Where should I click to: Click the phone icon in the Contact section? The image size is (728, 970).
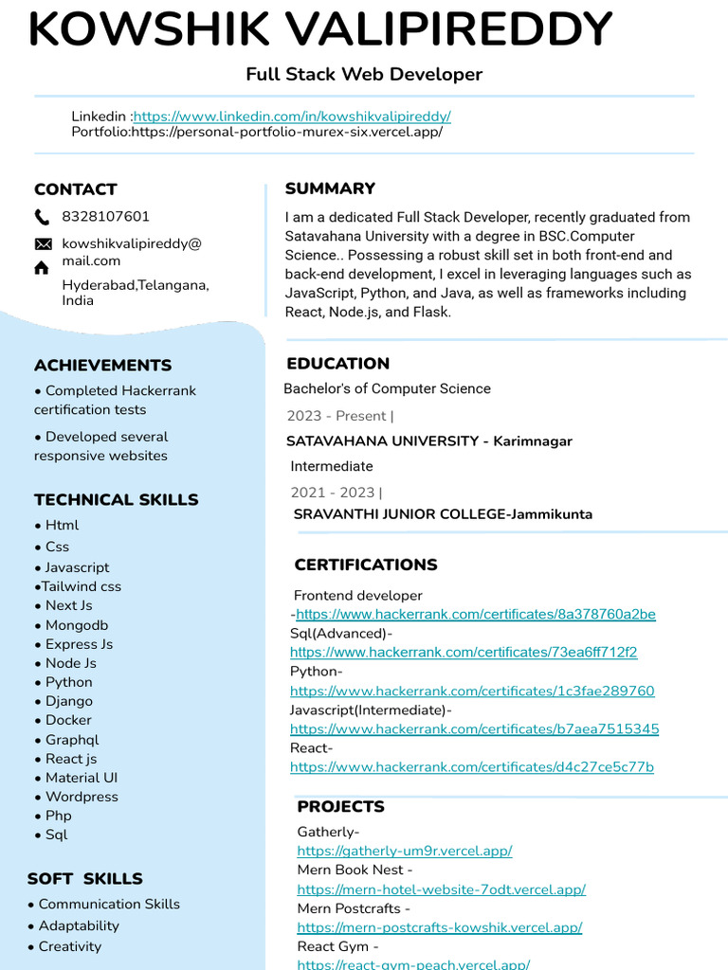[43, 217]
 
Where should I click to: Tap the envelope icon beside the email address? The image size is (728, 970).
[43, 244]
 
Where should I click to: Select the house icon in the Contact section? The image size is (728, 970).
[42, 268]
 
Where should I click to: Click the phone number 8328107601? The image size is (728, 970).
[105, 217]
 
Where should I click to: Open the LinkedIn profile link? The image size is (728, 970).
[292, 117]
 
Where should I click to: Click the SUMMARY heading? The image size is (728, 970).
[330, 189]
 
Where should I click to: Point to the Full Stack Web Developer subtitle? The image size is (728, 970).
[364, 74]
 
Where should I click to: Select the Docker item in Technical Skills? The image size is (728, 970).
[68, 720]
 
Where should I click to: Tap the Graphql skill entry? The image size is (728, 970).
[71, 740]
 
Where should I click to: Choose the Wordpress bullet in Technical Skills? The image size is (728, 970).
[82, 797]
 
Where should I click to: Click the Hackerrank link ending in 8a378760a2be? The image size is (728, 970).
[476, 615]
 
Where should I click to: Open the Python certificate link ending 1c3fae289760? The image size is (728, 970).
[472, 692]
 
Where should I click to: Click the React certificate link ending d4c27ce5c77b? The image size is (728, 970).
[471, 767]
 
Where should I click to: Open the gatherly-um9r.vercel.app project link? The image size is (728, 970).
[405, 852]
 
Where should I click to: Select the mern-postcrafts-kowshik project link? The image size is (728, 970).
[439, 928]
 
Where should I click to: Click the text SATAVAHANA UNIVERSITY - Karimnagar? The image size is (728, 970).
[429, 441]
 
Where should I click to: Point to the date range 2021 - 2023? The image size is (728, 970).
[333, 493]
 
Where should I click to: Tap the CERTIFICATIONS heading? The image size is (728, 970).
[366, 566]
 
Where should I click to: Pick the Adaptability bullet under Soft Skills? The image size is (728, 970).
[79, 925]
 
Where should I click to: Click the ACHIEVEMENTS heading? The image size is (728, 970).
[102, 366]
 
